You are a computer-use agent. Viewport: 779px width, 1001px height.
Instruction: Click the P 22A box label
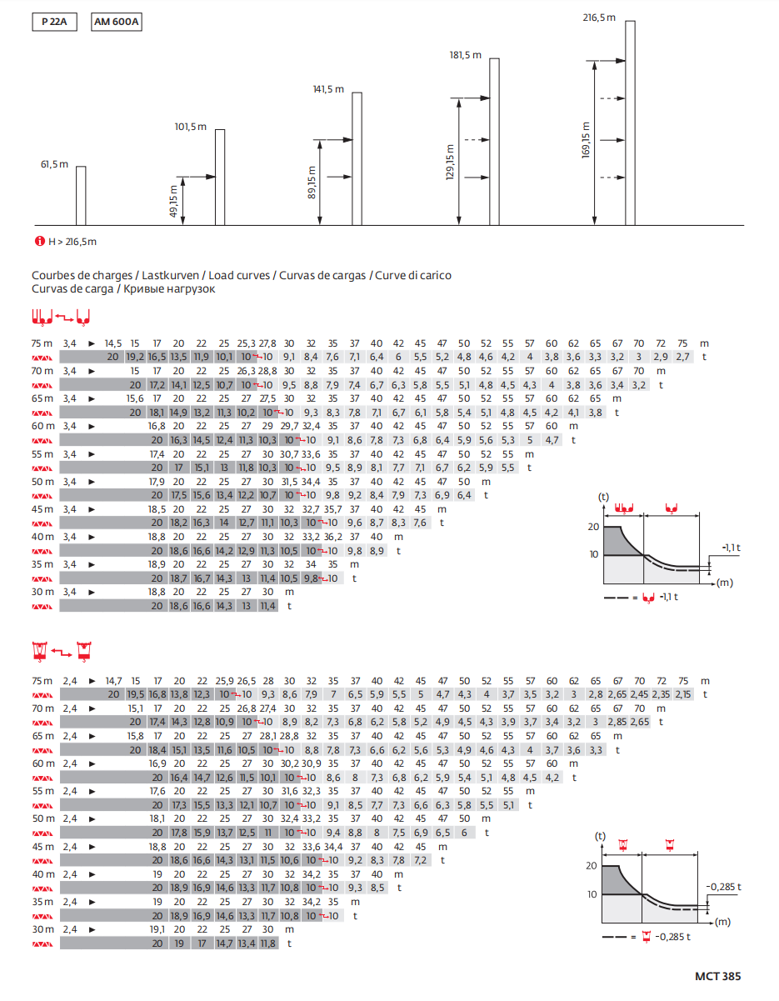point(54,23)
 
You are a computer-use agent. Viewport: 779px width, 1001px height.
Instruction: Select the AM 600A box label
point(116,23)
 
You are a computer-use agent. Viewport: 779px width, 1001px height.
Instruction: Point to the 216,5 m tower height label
point(599,17)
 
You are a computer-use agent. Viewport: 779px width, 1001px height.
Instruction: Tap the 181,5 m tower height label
point(466,55)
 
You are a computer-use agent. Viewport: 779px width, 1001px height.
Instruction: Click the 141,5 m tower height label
point(328,89)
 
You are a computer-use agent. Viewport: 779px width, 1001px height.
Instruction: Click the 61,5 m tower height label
point(54,164)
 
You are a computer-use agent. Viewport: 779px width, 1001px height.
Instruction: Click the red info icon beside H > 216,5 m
point(38,242)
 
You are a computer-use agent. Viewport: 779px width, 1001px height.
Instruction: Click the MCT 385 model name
point(717,976)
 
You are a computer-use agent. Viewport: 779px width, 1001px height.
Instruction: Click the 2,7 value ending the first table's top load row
point(682,357)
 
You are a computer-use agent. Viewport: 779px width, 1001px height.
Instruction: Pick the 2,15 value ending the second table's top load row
point(682,694)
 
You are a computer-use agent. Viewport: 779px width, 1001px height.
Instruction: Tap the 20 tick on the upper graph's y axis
point(594,527)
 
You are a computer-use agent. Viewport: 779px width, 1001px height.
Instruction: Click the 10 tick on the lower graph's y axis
point(591,894)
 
